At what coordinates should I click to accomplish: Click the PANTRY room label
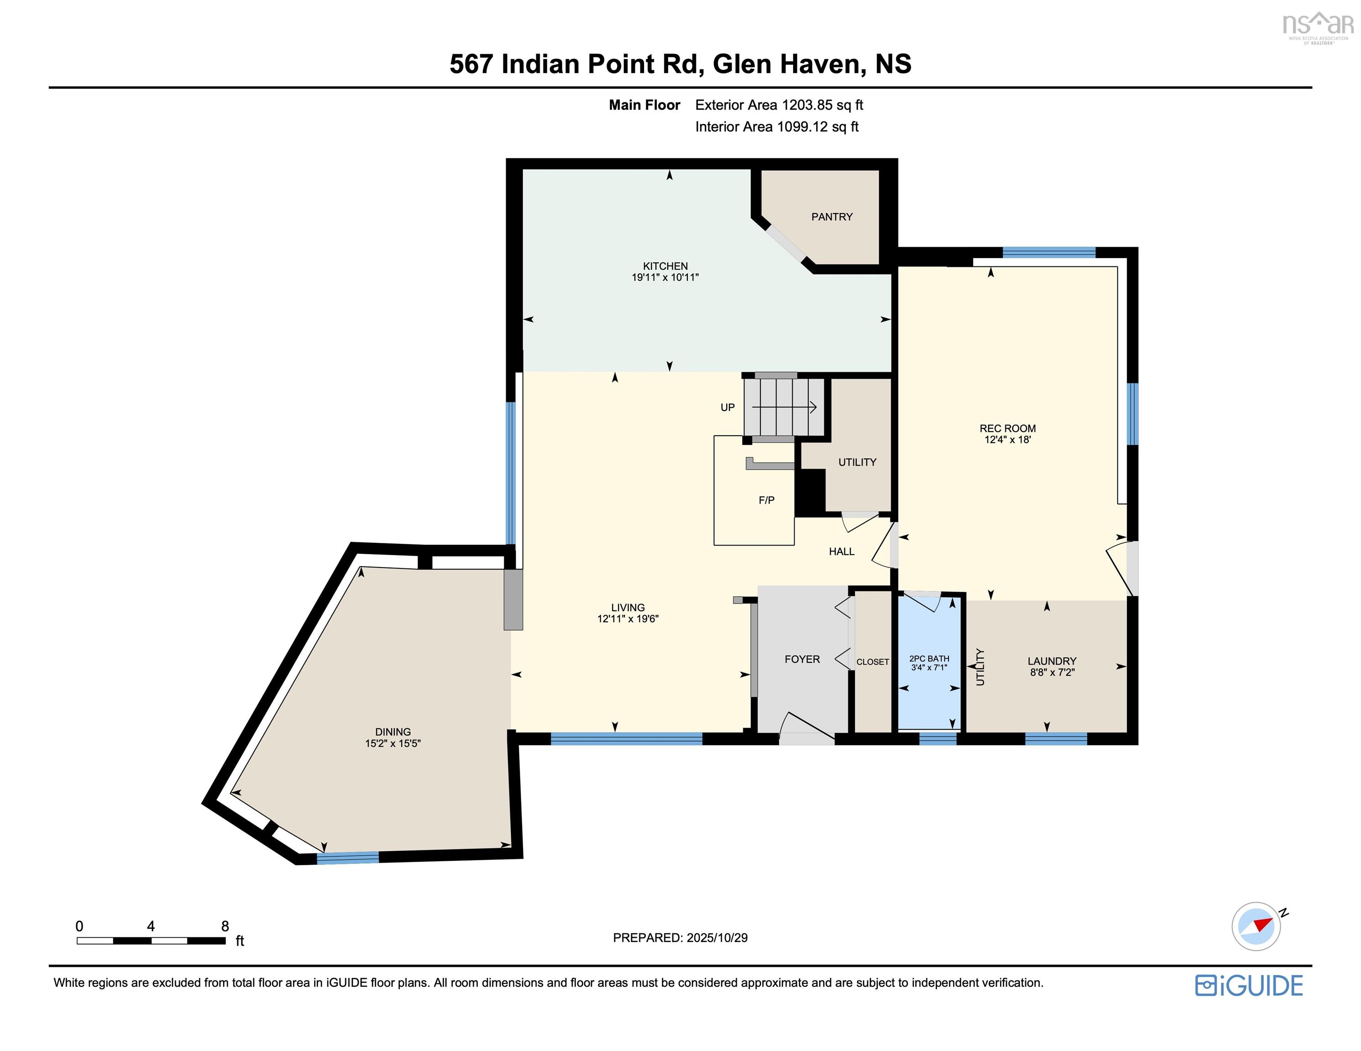[x=831, y=217]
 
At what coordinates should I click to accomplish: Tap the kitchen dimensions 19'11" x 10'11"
[x=665, y=277]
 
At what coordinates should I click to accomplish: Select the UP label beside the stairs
[x=727, y=407]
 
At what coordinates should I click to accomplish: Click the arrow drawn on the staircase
[x=785, y=407]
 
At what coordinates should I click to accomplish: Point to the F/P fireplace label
[x=766, y=500]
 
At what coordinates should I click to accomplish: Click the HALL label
[x=841, y=552]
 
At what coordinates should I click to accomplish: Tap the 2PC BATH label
[x=928, y=659]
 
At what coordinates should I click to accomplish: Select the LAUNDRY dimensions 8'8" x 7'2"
[x=1052, y=672]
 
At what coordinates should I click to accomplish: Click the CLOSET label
[x=873, y=661]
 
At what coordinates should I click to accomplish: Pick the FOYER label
[x=802, y=659]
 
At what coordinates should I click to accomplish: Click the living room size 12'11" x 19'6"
[x=628, y=619]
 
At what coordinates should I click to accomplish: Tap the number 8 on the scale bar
[x=225, y=926]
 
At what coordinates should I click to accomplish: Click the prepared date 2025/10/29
[x=717, y=937]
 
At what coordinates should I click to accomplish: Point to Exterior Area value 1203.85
[x=807, y=105]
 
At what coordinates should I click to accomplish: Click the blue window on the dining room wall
[x=348, y=857]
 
